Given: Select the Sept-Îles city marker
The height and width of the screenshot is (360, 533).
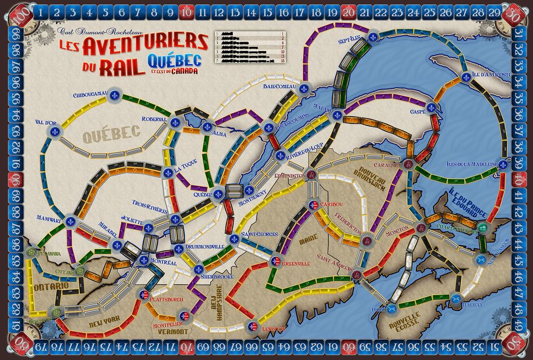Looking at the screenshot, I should tap(373, 37).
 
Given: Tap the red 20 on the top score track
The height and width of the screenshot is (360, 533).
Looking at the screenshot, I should tap(348, 11).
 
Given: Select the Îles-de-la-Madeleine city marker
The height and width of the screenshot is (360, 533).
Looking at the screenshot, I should tap(503, 164).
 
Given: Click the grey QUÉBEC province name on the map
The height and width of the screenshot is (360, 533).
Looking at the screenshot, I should tap(111, 133).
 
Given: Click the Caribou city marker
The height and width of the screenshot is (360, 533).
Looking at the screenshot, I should tap(312, 204).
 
